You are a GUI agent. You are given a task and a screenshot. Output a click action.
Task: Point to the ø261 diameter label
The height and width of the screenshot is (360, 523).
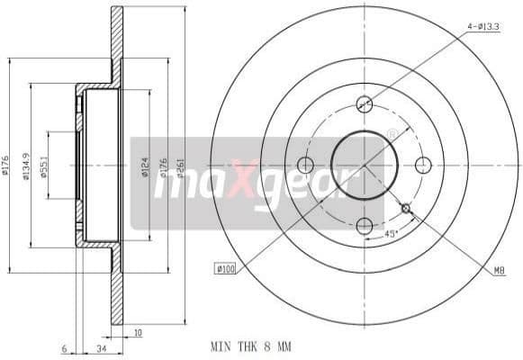click(177, 165)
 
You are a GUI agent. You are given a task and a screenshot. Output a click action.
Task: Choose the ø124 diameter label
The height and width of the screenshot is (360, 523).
click(143, 166)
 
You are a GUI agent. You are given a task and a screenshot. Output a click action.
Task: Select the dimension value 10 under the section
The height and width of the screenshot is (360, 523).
click(137, 332)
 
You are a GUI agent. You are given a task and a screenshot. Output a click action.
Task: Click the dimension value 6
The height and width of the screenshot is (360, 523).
click(64, 346)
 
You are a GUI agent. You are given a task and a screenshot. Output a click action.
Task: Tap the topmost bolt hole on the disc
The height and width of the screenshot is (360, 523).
click(365, 103)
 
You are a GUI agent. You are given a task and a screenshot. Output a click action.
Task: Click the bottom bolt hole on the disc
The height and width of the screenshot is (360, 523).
click(365, 226)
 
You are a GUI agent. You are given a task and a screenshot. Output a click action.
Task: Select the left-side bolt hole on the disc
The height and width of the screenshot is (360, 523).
click(305, 165)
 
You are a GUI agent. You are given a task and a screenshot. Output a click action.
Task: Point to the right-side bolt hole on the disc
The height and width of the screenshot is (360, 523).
click(423, 164)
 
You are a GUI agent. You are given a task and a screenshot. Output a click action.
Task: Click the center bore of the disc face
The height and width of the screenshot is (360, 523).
click(365, 165)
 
